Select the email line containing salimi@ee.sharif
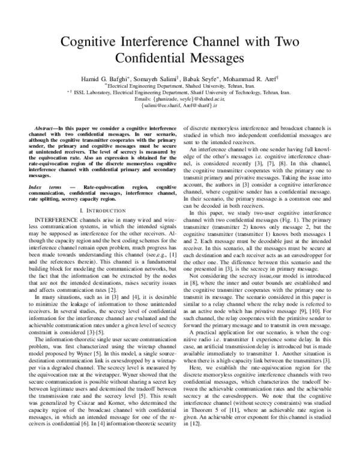coord(180,107)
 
